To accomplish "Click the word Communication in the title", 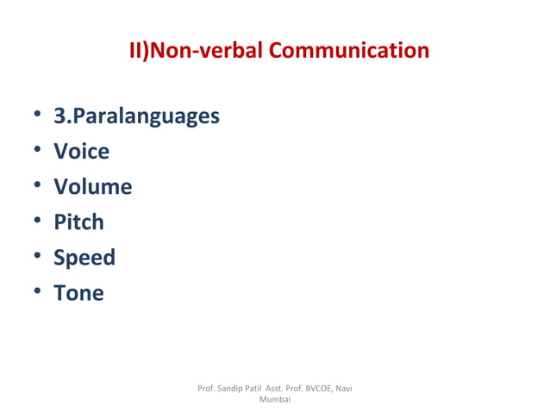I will pos(349,51).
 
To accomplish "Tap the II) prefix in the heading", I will pos(139,51).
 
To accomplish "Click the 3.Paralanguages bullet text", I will pos(136,116).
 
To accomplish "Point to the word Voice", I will pos(81,152).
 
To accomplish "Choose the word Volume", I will pos(92,187).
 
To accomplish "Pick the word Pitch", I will pos(78,222).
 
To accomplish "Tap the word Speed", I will pos(84,258).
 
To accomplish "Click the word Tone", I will pos(78,293).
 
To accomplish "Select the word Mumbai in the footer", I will pos(274,400).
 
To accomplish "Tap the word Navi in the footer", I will pos(343,389).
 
